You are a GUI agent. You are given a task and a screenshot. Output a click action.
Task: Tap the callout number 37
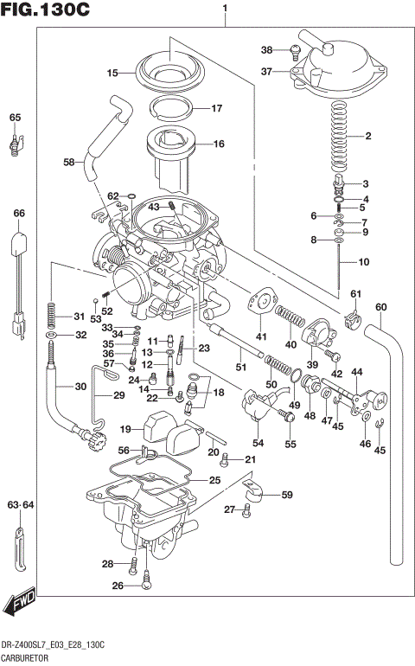click(267, 73)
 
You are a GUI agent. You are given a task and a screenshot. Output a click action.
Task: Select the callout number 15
click(112, 73)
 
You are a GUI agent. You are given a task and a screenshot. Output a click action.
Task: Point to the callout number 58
click(69, 162)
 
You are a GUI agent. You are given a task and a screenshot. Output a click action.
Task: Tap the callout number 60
click(381, 306)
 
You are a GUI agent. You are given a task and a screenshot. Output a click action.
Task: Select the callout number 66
click(18, 213)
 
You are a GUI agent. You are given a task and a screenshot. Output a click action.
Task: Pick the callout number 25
click(214, 480)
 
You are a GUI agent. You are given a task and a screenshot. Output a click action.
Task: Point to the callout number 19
click(125, 429)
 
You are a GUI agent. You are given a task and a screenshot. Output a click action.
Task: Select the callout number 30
click(80, 387)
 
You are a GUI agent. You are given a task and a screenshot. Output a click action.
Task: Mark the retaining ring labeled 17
click(174, 109)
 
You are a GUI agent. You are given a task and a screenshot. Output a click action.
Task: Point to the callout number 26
click(118, 586)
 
